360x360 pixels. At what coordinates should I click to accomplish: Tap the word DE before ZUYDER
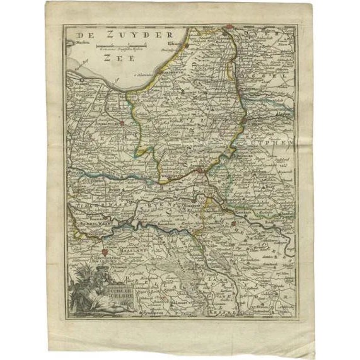(83, 35)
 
